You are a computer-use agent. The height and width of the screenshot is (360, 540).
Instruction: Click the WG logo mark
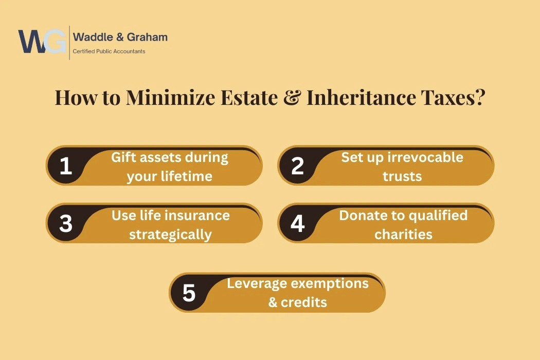pyautogui.click(x=42, y=41)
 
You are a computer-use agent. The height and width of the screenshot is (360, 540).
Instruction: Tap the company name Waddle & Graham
pyautogui.click(x=120, y=37)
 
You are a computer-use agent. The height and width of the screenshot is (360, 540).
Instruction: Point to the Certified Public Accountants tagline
pyautogui.click(x=109, y=51)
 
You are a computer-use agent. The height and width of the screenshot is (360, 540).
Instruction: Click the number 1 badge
pyautogui.click(x=66, y=166)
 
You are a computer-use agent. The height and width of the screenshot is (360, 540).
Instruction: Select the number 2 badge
pyautogui.click(x=298, y=166)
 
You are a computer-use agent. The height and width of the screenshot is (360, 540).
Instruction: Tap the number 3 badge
pyautogui.click(x=66, y=223)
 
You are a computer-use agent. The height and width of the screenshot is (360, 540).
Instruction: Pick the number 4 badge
pyautogui.click(x=298, y=223)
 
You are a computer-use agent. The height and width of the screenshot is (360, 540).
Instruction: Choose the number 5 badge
pyautogui.click(x=189, y=293)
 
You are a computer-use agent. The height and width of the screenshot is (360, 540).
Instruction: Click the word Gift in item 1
pyautogui.click(x=122, y=157)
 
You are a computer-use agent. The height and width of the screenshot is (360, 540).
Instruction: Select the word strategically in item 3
pyautogui.click(x=170, y=235)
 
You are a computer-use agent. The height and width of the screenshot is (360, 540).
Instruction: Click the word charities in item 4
pyautogui.click(x=403, y=235)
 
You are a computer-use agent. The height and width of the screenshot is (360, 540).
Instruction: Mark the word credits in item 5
pyautogui.click(x=304, y=302)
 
